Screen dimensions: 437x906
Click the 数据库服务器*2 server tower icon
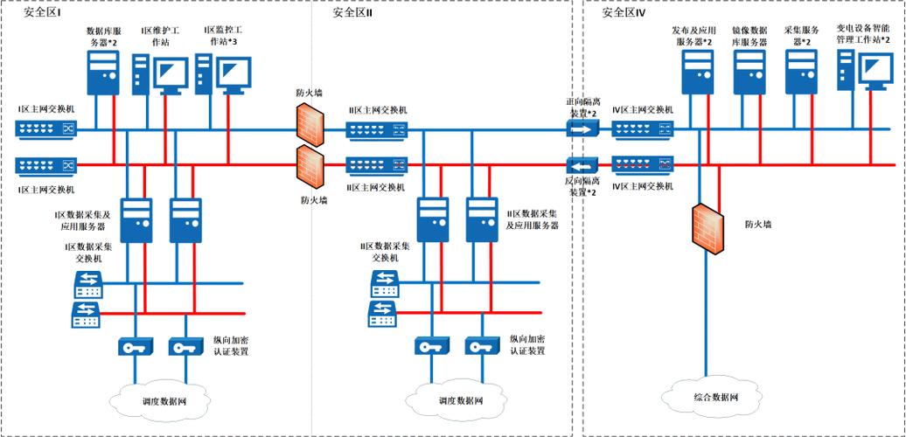pos(103,72)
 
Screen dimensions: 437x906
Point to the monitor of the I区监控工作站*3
pos(233,72)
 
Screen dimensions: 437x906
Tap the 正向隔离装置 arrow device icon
pos(582,129)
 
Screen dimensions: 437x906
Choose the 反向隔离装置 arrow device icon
pos(582,163)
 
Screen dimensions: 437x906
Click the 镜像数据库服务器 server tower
pos(749,72)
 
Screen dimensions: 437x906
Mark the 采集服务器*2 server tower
pos(800,72)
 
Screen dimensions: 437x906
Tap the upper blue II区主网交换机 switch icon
pos(376,130)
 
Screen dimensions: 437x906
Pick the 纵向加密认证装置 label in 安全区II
pos(527,344)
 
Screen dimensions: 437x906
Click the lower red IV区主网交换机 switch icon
pos(643,163)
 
